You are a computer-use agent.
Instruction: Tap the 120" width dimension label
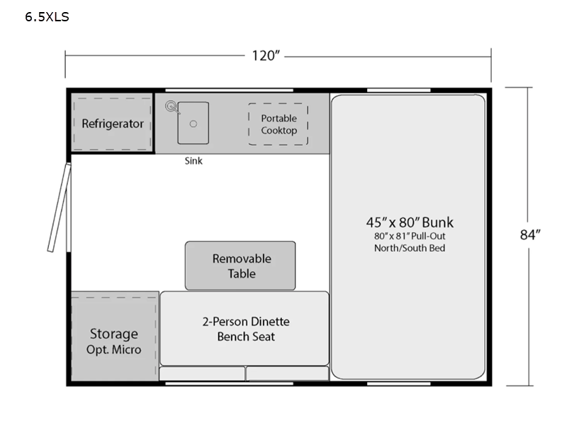(266, 55)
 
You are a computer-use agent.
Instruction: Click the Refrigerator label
(113, 124)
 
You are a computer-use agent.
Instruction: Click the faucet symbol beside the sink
(171, 107)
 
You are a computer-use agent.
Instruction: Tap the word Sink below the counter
(193, 161)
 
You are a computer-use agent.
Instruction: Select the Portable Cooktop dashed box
(278, 124)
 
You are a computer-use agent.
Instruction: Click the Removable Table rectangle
(240, 266)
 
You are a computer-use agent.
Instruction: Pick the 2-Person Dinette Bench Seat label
(245, 329)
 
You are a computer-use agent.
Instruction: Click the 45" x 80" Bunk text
(409, 222)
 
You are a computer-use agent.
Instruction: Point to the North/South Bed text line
(409, 248)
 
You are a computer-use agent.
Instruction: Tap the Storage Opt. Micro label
(114, 341)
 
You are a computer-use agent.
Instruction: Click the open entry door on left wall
(59, 207)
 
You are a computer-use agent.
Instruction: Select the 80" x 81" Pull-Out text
(409, 236)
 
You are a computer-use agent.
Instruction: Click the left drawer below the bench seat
(202, 373)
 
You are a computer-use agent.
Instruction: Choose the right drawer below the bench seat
(287, 373)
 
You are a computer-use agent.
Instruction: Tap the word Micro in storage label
(127, 350)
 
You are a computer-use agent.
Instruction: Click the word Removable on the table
(242, 258)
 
